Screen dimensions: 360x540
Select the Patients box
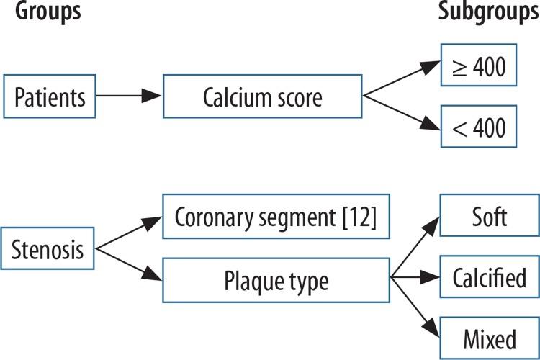click(49, 96)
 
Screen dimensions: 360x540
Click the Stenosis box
click(49, 250)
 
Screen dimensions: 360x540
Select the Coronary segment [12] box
click(276, 217)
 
